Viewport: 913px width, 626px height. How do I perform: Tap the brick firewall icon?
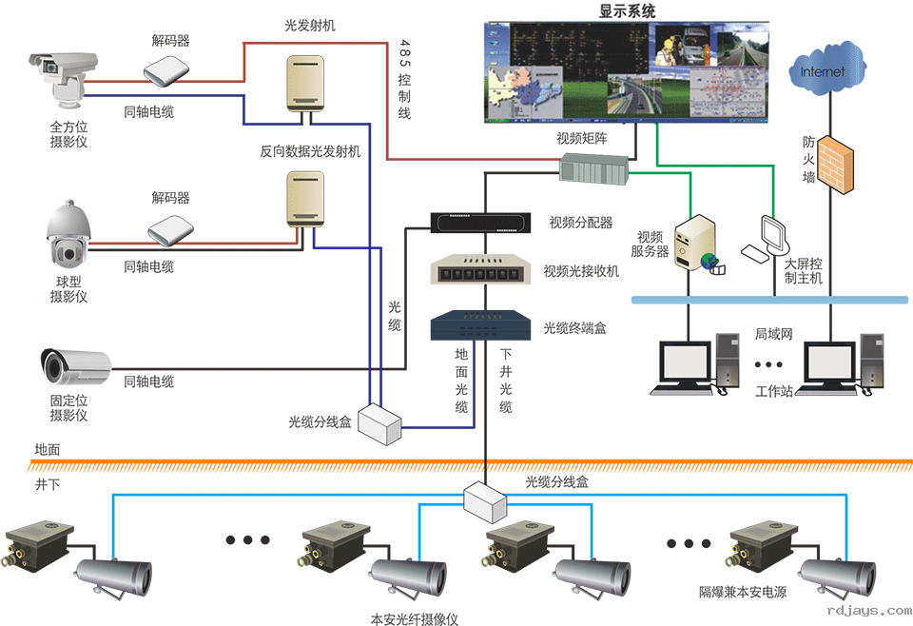pos(837,166)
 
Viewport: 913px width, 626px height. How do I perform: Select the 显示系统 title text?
pos(627,11)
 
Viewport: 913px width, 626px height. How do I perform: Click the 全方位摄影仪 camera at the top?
pos(62,76)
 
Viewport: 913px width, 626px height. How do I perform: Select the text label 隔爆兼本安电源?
pos(743,593)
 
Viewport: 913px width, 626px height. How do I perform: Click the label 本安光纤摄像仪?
pos(415,619)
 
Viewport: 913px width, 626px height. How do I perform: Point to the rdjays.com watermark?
pos(869,611)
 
